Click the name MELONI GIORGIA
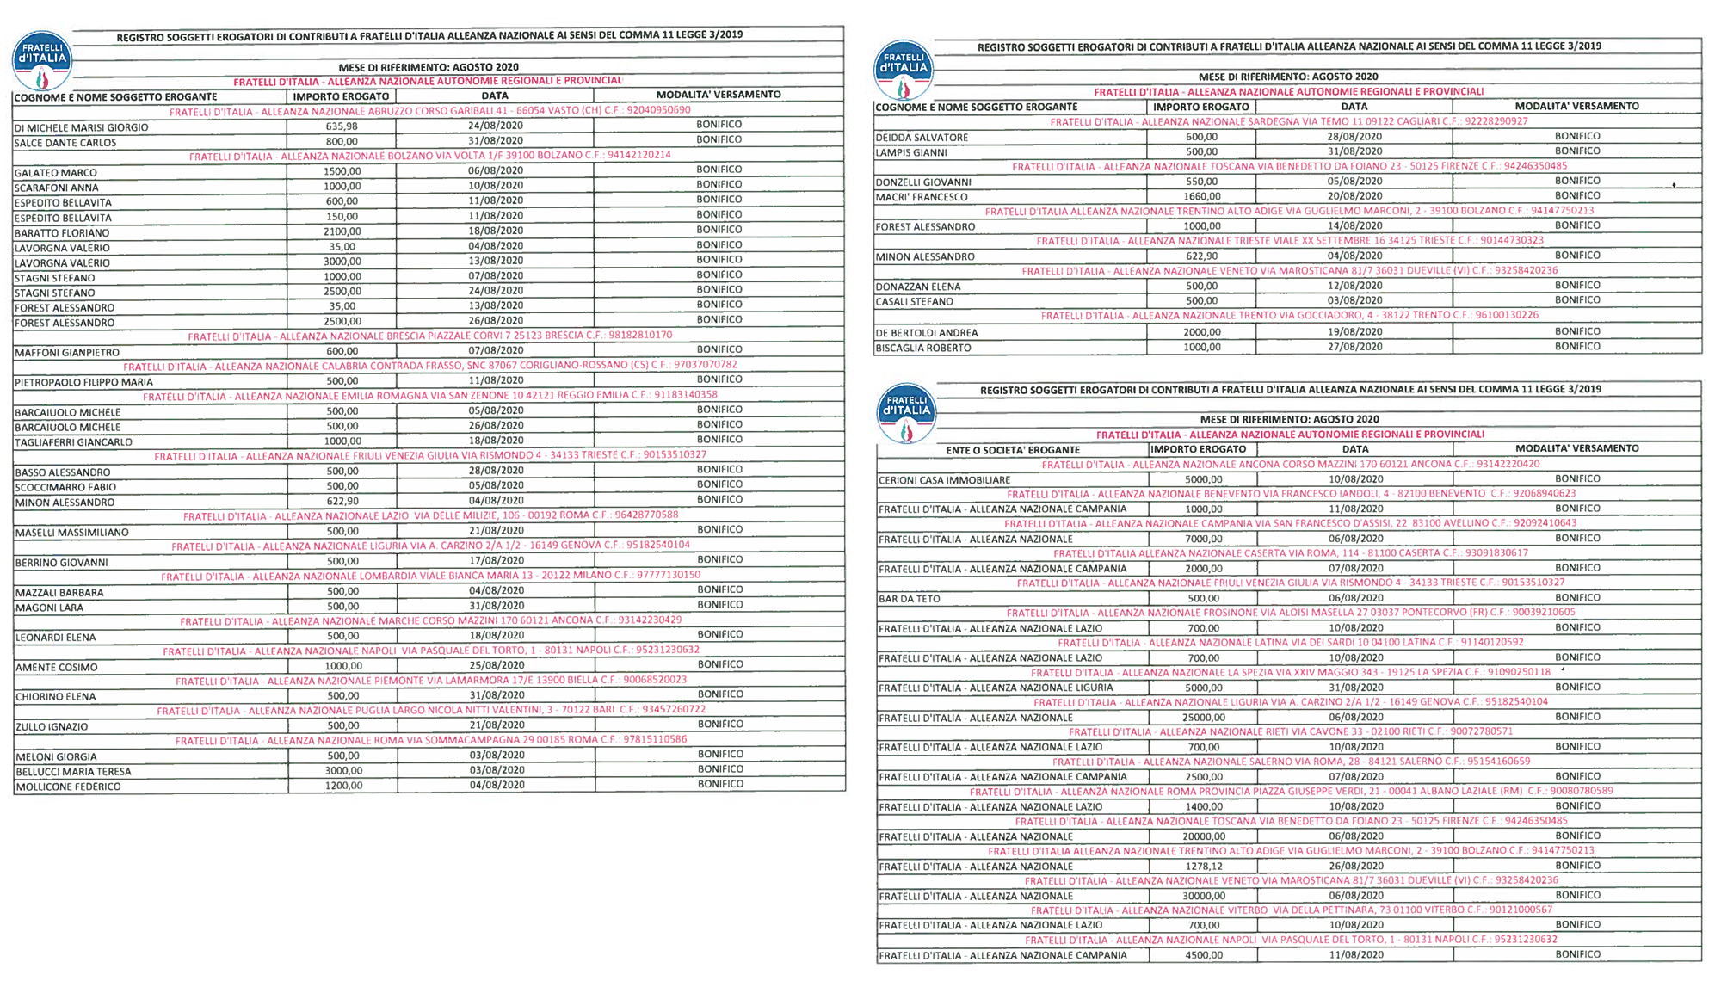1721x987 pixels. click(x=56, y=757)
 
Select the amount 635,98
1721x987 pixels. click(x=342, y=126)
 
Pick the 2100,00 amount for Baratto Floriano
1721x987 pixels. click(x=342, y=231)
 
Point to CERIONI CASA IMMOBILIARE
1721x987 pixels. click(x=944, y=480)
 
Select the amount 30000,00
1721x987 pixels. click(x=1203, y=896)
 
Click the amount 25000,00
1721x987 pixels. click(x=1203, y=717)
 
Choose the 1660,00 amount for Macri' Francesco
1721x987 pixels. click(x=1201, y=196)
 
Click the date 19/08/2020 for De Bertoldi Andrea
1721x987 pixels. click(x=1354, y=331)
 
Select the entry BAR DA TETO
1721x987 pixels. click(x=909, y=599)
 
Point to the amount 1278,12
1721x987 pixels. click(x=1203, y=866)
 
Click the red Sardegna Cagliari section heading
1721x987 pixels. click(x=1289, y=122)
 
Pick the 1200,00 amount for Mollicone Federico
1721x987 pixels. click(x=343, y=786)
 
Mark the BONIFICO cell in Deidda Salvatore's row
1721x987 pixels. click(x=1577, y=136)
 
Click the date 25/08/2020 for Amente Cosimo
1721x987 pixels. click(x=497, y=665)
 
